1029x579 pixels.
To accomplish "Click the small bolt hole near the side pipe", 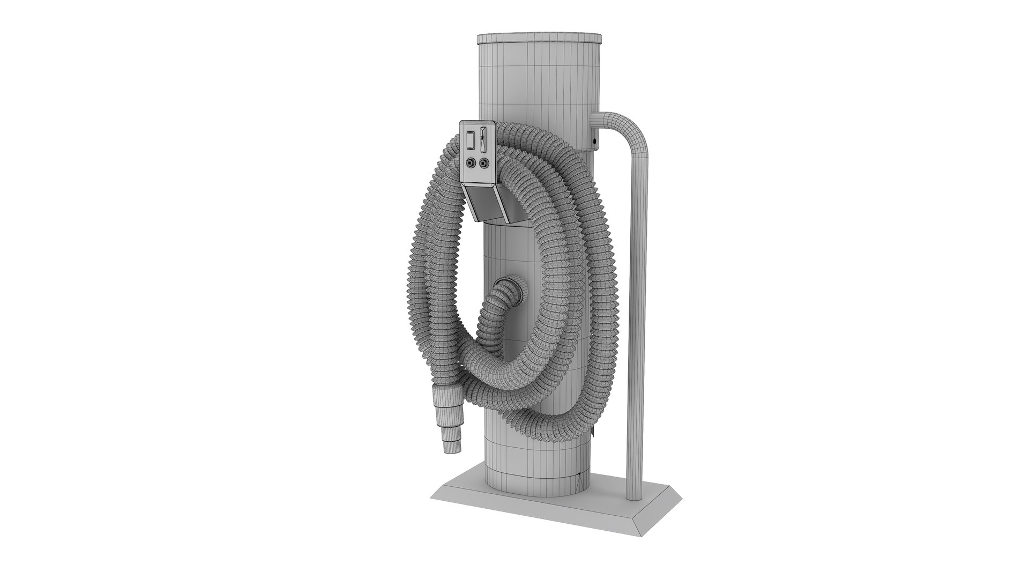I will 595,142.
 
